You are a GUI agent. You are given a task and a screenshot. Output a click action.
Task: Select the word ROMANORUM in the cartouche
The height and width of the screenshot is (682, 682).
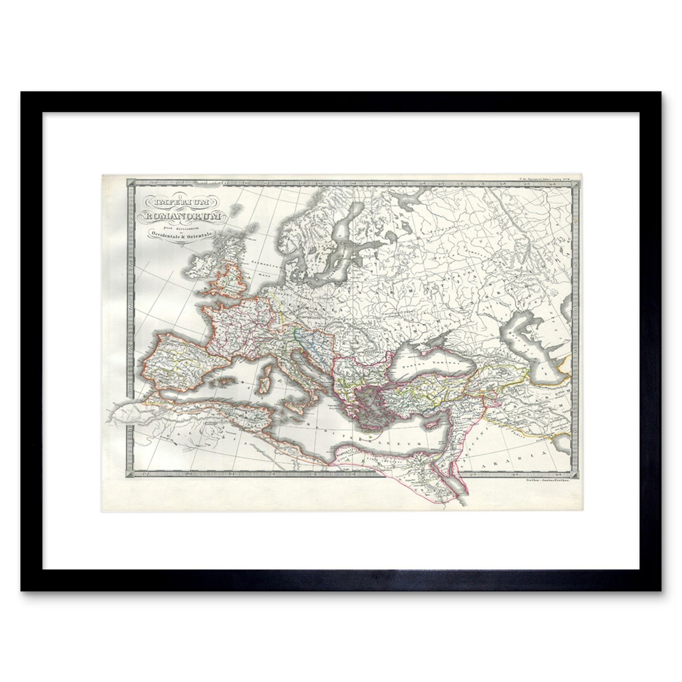(x=180, y=215)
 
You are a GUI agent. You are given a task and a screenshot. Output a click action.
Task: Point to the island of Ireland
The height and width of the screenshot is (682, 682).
(x=203, y=266)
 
